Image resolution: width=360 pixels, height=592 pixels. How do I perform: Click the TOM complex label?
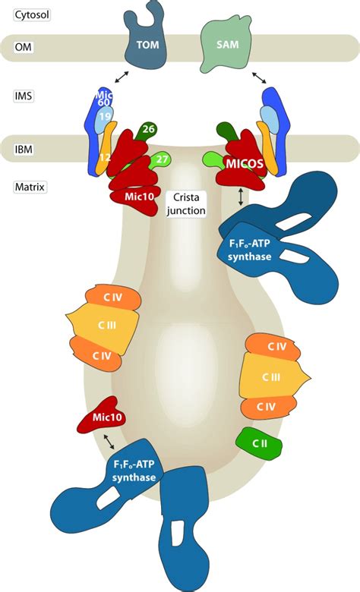tap(147, 45)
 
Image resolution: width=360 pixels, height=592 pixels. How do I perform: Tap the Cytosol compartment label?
tap(32, 15)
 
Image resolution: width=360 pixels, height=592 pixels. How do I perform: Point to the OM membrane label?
tap(24, 47)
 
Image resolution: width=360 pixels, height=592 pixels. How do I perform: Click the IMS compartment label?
tap(24, 96)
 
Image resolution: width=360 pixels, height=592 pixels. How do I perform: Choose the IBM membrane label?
tap(24, 149)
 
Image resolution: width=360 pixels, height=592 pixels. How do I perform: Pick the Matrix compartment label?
tap(30, 187)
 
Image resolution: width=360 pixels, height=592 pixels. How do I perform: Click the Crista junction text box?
tap(186, 203)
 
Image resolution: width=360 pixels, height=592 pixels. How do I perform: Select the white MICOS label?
tap(245, 164)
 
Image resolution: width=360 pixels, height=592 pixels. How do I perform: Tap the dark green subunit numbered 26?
tap(147, 131)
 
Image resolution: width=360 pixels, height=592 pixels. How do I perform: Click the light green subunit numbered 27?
tap(160, 160)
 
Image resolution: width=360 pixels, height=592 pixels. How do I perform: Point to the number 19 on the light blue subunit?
tap(104, 117)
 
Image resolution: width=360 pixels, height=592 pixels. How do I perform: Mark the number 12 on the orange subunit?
tap(105, 156)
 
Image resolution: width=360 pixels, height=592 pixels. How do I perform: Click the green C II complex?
tap(259, 444)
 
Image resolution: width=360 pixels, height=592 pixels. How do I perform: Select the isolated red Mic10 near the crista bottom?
tap(101, 415)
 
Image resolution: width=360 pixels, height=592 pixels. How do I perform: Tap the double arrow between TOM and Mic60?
tap(122, 77)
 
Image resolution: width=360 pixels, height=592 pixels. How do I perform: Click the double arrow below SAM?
tap(259, 77)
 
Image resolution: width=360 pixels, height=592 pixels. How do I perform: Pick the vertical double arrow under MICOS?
tap(241, 197)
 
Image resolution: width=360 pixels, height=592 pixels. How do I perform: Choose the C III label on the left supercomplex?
tap(107, 325)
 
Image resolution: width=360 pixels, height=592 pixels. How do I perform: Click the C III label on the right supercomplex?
tap(271, 376)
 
